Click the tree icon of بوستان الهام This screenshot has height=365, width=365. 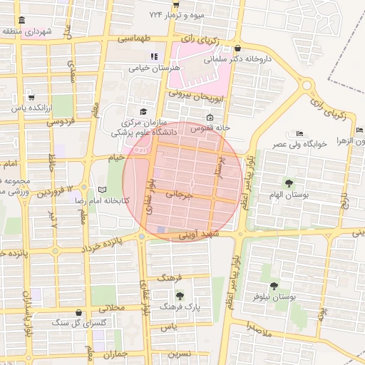(x=289, y=183)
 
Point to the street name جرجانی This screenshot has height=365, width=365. (x=180, y=193)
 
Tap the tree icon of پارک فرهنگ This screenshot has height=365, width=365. (x=179, y=294)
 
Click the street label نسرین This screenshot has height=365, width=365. (x=179, y=353)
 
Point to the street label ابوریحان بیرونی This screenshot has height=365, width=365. (x=196, y=94)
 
